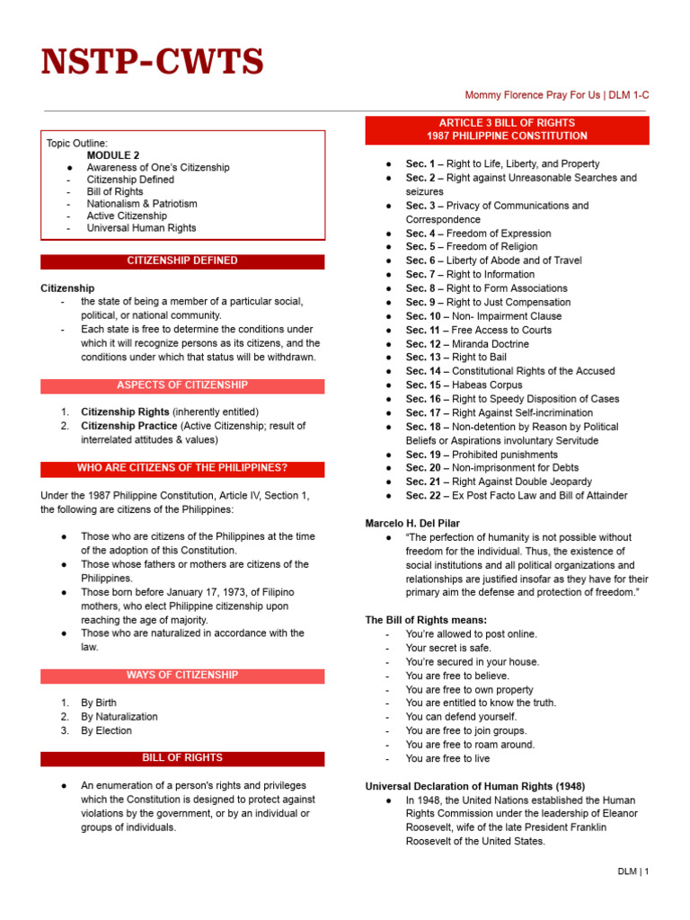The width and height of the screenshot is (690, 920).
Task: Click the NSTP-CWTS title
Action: [x=153, y=62]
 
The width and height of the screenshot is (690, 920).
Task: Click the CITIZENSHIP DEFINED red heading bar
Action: [x=182, y=261]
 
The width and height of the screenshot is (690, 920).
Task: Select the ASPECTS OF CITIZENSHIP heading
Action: [x=182, y=385]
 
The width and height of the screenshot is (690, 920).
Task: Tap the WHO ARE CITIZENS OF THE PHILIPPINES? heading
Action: [x=182, y=468]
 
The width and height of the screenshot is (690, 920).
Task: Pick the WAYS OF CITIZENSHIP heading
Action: [x=182, y=675]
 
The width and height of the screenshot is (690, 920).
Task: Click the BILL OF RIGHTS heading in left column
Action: [x=182, y=758]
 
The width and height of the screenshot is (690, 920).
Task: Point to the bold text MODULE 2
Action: [x=113, y=155]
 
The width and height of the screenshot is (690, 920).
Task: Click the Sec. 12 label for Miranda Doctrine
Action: [x=422, y=343]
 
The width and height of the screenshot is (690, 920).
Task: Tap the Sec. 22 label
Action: [x=422, y=495]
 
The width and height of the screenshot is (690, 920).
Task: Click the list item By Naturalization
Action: [x=119, y=717]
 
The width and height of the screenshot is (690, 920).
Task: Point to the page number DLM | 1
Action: [x=632, y=871]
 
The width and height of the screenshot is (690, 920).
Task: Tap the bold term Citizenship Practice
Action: [x=129, y=426]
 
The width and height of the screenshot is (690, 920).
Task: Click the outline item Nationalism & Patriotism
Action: [x=142, y=203]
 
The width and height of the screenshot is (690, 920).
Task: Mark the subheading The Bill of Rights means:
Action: [x=426, y=620]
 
